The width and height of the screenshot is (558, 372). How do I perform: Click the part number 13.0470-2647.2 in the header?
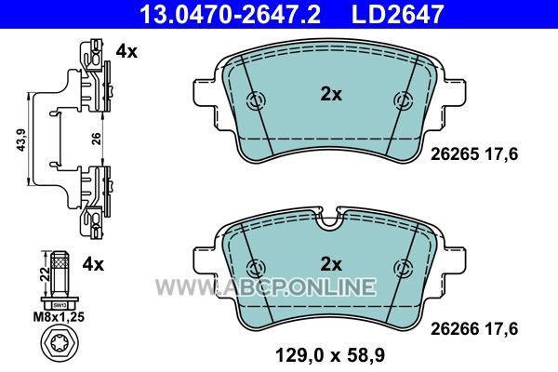[x=231, y=14]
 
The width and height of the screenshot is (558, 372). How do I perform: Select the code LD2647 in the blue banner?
[x=397, y=14]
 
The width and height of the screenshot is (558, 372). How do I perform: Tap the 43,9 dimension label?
[x=22, y=139]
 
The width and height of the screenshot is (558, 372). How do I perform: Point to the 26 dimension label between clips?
[x=97, y=139]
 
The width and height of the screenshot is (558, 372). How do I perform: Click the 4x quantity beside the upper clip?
[x=126, y=52]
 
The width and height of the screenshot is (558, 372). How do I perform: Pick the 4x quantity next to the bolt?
[x=93, y=264]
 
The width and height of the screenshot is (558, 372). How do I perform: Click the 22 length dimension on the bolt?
[x=46, y=274]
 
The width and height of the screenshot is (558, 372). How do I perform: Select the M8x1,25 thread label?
[x=59, y=317]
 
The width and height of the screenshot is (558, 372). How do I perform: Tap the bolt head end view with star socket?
[x=60, y=344]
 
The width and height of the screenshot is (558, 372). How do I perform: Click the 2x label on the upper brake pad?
[x=331, y=95]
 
